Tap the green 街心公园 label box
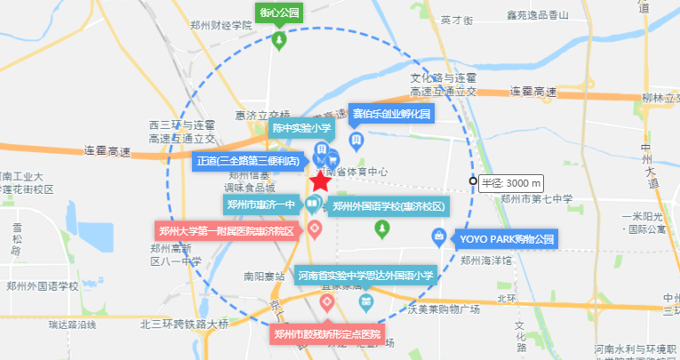(279, 12)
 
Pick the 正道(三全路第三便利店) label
(248, 161)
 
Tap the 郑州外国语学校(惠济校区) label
(388, 207)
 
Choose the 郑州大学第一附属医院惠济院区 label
(227, 231)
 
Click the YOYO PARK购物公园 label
(506, 238)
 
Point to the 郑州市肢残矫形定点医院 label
(327, 335)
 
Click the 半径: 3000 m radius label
(510, 183)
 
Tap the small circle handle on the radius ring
(473, 182)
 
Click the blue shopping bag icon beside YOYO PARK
(438, 236)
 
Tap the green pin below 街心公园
(279, 40)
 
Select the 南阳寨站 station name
(263, 276)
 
